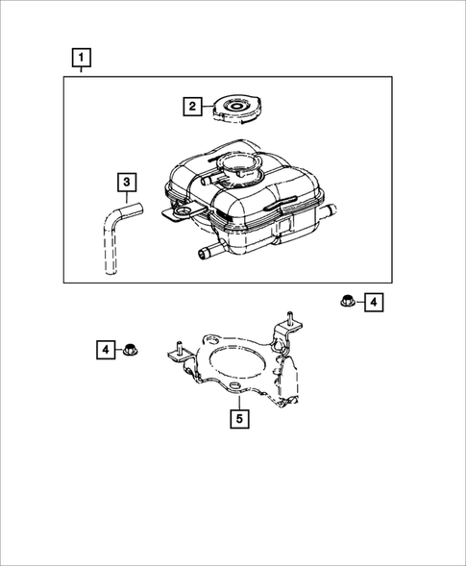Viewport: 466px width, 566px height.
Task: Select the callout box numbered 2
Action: (x=192, y=106)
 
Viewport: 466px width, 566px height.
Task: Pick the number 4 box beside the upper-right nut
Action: (x=373, y=304)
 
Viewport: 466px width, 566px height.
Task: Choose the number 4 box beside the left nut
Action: (x=106, y=349)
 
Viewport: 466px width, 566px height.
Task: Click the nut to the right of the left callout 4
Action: (x=132, y=350)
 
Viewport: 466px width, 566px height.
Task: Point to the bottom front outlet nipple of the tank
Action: (x=205, y=253)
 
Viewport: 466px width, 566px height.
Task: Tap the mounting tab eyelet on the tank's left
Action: (x=180, y=210)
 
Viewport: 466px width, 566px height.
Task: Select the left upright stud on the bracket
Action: (x=178, y=347)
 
